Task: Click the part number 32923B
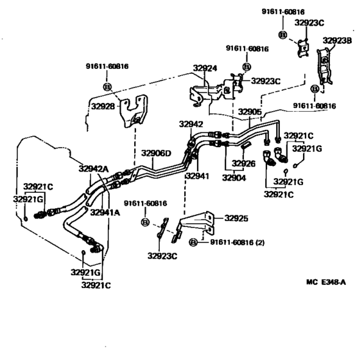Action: click(337, 40)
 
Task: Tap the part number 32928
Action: click(103, 107)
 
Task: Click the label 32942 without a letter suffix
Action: click(191, 123)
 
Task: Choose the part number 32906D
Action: click(157, 154)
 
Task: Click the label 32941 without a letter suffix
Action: click(198, 175)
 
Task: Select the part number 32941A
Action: click(105, 212)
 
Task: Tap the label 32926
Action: click(245, 163)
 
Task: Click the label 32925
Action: click(236, 219)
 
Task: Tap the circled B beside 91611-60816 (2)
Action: click(193, 242)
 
